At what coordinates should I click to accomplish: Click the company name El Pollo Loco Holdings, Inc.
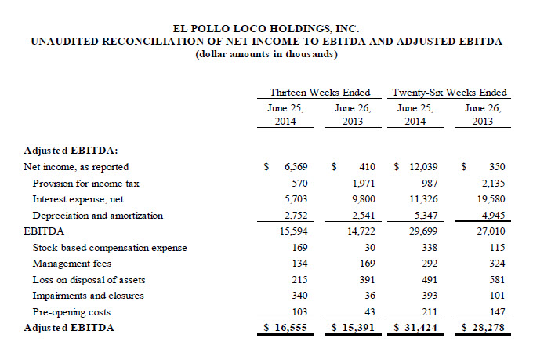[266, 28]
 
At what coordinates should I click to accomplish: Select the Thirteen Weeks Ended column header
[320, 93]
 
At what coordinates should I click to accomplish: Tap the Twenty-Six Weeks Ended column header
[449, 93]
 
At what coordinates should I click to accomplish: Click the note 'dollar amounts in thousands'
[266, 54]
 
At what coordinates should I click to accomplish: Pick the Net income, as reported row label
[76, 167]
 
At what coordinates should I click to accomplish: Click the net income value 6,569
[296, 167]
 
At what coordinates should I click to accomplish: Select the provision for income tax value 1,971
[364, 184]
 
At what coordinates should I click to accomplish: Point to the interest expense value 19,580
[491, 199]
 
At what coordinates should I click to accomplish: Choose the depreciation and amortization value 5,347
[423, 216]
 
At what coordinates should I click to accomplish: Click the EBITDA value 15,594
[293, 231]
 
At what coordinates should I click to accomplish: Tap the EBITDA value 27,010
[491, 231]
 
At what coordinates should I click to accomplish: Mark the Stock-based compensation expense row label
[110, 248]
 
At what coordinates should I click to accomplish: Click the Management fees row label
[72, 264]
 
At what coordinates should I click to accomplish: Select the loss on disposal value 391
[368, 280]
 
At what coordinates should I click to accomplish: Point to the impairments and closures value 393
[430, 296]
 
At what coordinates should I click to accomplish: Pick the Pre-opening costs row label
[71, 312]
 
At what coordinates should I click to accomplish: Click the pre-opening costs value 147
[497, 311]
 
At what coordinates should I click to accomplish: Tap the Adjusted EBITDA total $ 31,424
[415, 328]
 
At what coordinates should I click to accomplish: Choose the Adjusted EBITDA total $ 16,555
[285, 328]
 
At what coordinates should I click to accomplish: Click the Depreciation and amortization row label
[98, 216]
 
